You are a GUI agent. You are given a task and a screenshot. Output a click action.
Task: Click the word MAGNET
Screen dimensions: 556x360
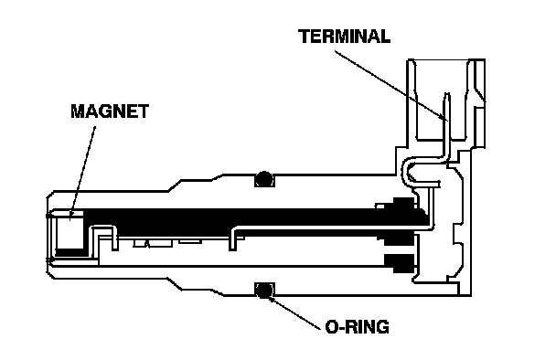(110, 111)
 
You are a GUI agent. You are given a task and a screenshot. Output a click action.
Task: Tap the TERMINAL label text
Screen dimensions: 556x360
(345, 37)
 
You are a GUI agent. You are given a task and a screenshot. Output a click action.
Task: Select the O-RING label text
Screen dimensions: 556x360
(357, 327)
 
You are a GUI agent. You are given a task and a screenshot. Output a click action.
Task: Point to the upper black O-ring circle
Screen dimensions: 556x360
(263, 179)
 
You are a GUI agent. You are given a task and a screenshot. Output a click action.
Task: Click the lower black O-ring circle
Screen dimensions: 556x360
(263, 291)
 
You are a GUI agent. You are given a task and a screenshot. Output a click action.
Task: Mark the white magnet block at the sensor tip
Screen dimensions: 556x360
(69, 230)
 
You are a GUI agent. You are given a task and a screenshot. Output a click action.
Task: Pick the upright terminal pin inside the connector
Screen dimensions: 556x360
(447, 121)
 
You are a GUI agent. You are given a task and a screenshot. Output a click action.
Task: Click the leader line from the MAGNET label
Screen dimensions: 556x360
(82, 172)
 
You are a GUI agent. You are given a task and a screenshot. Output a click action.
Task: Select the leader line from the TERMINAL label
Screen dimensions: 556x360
(391, 85)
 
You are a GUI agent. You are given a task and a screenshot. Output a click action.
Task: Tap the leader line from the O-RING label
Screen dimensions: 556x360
(294, 313)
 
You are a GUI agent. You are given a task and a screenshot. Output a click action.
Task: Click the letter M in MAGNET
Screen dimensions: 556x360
(79, 111)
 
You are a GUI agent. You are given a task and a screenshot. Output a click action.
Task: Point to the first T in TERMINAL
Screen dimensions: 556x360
(305, 37)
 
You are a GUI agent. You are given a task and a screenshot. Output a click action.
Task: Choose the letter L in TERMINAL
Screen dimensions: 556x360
(385, 37)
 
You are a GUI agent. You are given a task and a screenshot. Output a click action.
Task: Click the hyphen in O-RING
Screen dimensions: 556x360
(340, 328)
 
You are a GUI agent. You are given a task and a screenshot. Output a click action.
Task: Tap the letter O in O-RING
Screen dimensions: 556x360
(331, 327)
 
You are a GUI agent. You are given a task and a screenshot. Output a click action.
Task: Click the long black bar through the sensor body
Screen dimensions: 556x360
(248, 217)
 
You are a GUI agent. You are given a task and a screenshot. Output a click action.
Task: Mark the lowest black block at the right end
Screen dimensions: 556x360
(400, 263)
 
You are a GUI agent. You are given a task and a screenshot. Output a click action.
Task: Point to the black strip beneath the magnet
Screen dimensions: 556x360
(69, 252)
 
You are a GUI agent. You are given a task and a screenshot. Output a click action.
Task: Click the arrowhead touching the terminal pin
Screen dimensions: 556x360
(444, 117)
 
